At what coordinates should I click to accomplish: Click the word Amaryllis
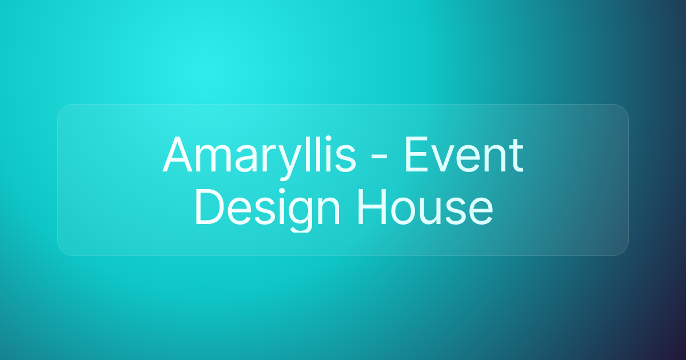(x=259, y=155)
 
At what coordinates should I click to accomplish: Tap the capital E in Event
(x=416, y=155)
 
